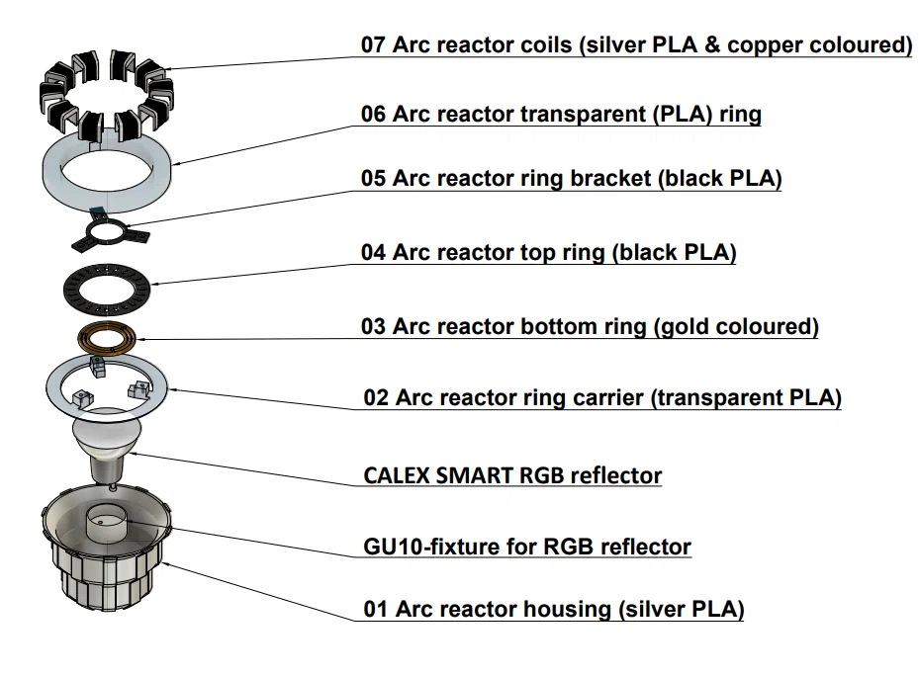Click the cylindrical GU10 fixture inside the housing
point(106,522)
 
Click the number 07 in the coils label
point(373,45)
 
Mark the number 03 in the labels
point(373,327)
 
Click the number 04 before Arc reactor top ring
point(373,253)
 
